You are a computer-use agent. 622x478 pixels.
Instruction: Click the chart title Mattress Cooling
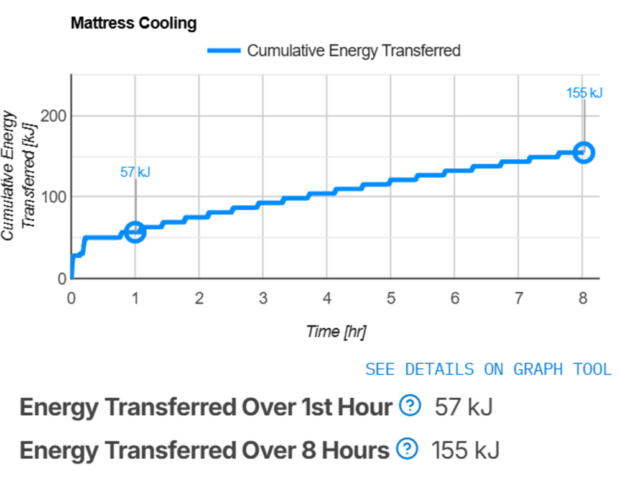[x=134, y=24]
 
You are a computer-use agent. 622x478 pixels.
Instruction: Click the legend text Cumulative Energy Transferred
[x=353, y=51]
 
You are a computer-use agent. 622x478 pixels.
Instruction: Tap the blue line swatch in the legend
[x=224, y=51]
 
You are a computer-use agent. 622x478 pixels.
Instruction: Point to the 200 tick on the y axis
[x=53, y=116]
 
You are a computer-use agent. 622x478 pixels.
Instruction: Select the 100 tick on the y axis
[x=53, y=198]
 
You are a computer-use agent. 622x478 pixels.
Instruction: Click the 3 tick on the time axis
[x=263, y=298]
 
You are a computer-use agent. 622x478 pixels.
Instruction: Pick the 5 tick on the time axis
[x=391, y=298]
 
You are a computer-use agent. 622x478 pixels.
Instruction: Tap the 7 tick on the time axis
[x=519, y=298]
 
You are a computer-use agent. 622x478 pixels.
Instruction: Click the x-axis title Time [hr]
[x=336, y=332]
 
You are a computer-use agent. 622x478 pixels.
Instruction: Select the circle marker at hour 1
[x=135, y=232]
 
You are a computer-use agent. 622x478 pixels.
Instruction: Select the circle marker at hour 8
[x=583, y=152]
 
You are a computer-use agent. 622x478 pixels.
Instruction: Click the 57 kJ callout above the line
[x=135, y=172]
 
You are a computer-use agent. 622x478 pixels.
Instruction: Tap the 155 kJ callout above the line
[x=584, y=93]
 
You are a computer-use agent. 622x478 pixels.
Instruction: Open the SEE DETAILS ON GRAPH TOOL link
[x=488, y=369]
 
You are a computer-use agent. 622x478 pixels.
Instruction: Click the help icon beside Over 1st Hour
[x=409, y=407]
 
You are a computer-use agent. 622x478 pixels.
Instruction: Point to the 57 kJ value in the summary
[x=464, y=408]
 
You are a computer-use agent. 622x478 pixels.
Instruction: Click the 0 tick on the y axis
[x=62, y=279]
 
